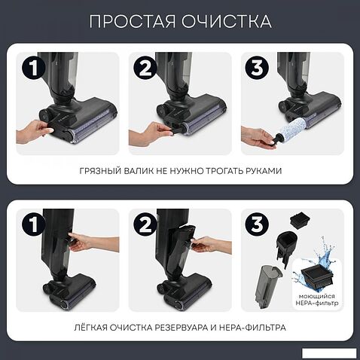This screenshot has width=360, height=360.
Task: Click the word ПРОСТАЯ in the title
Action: pyautogui.click(x=133, y=21)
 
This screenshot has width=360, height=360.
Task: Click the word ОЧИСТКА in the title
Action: pyautogui.click(x=227, y=21)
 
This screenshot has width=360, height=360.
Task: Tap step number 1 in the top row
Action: pyautogui.click(x=34, y=68)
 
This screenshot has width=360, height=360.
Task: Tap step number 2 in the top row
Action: pyautogui.click(x=145, y=68)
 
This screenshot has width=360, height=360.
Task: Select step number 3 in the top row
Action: pyautogui.click(x=257, y=68)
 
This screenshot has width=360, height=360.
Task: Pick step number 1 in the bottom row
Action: pyautogui.click(x=34, y=224)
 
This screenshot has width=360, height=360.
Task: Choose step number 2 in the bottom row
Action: pyautogui.click(x=145, y=224)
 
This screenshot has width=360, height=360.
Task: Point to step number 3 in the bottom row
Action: pyautogui.click(x=257, y=224)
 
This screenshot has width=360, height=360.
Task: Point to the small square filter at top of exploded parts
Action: pyautogui.click(x=300, y=221)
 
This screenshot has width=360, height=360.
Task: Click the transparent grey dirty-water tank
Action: pyautogui.click(x=267, y=286)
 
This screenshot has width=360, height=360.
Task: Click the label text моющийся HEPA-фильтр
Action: pyautogui.click(x=317, y=300)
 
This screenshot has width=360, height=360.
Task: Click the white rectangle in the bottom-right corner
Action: pyautogui.click(x=329, y=353)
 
